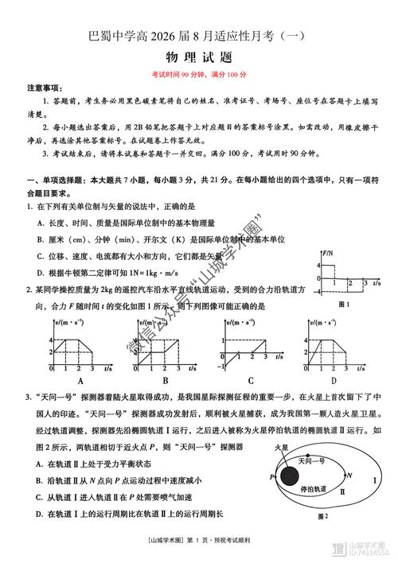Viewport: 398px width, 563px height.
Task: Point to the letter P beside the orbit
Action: tap(271, 476)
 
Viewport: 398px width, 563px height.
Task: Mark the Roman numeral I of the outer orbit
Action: tap(373, 480)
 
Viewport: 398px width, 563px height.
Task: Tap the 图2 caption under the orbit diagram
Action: tap(322, 516)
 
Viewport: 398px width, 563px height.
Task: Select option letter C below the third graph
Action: tap(250, 379)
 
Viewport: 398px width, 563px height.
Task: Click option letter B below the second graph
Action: tap(166, 379)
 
